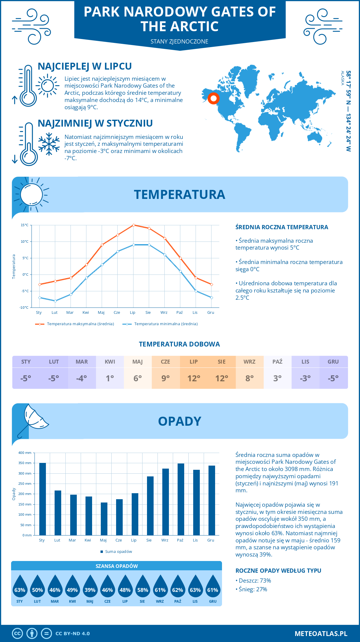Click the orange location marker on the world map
coord(214,98)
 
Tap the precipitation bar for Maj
coord(104,519)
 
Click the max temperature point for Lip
coord(133,225)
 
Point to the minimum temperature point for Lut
coord(55,301)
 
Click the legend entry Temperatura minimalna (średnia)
coord(160,324)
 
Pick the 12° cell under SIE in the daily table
coord(222,378)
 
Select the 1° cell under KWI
coord(110,378)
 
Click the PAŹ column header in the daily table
coord(277,361)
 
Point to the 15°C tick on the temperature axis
coord(25,225)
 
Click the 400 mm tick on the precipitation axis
coord(25,453)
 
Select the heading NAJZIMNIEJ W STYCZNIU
coord(95,123)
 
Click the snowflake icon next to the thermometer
coord(49,144)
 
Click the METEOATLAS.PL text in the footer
coord(321,633)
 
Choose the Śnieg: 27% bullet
coord(252,589)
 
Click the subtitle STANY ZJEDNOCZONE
coord(179,41)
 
